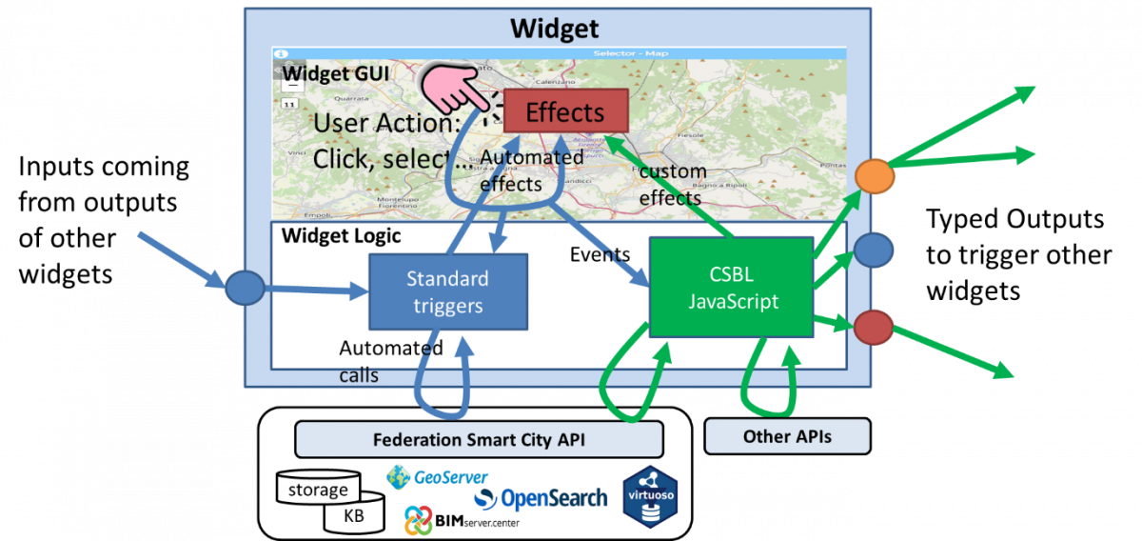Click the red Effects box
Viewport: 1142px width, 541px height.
click(565, 111)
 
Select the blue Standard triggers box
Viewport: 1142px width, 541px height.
click(447, 292)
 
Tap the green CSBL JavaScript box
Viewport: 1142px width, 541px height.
click(730, 288)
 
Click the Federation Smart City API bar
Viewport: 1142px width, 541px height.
click(479, 440)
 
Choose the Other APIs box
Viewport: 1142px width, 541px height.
click(787, 435)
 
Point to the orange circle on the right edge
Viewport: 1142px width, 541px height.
click(873, 176)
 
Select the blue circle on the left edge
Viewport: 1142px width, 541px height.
click(244, 287)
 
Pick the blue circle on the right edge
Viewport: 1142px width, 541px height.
click(873, 250)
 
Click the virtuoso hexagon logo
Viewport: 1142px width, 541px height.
click(649, 497)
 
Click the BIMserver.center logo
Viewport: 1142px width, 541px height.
click(462, 520)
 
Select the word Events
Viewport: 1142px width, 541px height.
click(600, 254)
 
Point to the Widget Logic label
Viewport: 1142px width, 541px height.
click(342, 235)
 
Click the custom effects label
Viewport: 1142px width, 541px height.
click(673, 185)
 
